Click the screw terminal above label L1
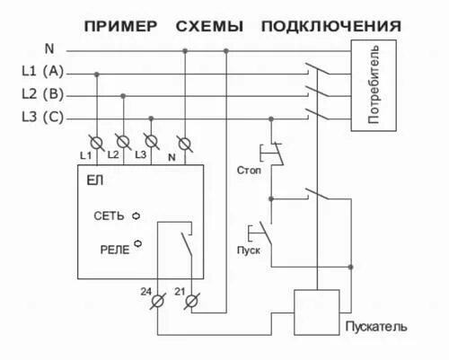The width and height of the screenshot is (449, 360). tap(95, 141)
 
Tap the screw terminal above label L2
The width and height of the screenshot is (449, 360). tap(123, 141)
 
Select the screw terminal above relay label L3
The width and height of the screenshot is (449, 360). tap(152, 141)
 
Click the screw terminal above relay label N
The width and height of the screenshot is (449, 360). tap(184, 141)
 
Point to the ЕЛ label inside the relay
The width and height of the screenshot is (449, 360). tap(94, 182)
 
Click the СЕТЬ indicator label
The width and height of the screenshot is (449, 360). tap(109, 216)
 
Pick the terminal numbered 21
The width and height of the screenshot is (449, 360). tap(190, 303)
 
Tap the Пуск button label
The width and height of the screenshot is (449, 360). tap(249, 250)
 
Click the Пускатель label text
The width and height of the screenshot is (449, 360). tap(375, 324)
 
